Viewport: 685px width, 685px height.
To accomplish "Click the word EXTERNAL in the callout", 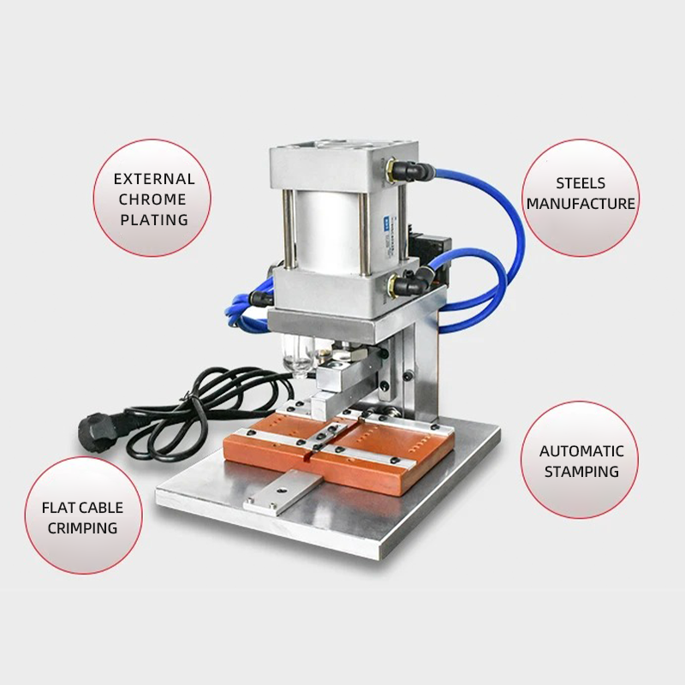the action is tap(154, 179).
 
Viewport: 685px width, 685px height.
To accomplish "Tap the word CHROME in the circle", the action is tap(152, 200).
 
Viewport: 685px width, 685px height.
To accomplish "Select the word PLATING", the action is tap(154, 220).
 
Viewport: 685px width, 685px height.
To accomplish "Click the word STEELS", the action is tap(581, 183).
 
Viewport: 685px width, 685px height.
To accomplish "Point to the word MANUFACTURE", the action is tap(581, 204).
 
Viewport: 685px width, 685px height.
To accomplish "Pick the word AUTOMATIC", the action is tap(581, 451).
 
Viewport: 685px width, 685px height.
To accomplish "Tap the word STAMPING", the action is tap(581, 472).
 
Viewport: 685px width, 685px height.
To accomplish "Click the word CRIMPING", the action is tap(82, 528).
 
